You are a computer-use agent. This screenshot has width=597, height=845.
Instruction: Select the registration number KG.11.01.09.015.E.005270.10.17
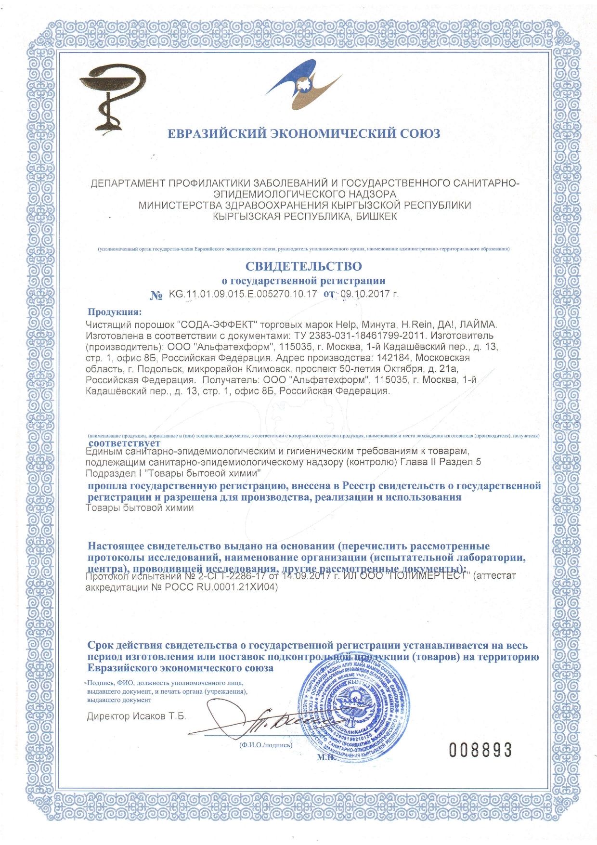tap(243, 293)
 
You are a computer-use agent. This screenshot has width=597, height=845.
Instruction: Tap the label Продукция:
tap(115, 312)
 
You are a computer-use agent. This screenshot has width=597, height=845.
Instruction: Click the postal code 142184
tap(396, 358)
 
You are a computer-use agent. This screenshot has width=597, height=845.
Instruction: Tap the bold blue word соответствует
tap(125, 442)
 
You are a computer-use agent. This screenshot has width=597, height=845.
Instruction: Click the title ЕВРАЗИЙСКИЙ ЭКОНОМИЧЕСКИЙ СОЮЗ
tap(303, 133)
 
